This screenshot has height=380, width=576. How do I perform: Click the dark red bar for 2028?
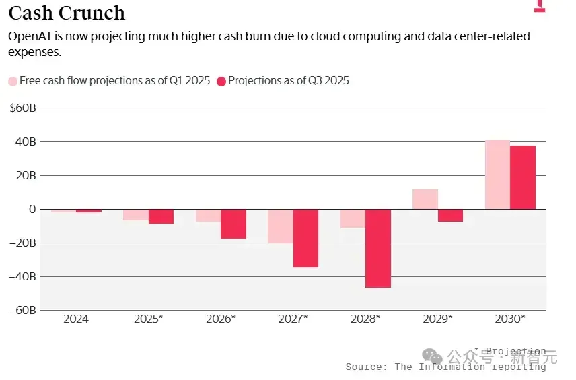pos(378,249)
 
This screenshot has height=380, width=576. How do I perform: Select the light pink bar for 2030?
pos(498,175)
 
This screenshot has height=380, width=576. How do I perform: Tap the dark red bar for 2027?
pos(305,238)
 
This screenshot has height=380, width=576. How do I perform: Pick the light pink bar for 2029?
pos(425,199)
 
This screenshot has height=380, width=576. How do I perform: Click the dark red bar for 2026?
pos(233,224)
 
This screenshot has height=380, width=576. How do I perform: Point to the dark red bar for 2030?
pos(523,177)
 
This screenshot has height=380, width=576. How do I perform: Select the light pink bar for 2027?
pos(281,226)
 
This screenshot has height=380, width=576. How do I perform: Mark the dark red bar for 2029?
pos(450,215)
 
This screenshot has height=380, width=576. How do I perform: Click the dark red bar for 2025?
pos(161,216)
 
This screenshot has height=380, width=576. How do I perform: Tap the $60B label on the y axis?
pos(23,108)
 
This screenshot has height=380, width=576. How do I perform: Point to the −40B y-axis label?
pos(22,276)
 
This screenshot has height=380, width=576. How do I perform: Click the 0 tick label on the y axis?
pos(32,209)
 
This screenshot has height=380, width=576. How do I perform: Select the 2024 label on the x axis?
pos(76,319)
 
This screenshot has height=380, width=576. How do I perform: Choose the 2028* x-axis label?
pos(365,319)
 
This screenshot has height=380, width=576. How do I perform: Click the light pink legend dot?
pos(13,82)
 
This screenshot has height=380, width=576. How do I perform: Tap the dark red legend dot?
pos(221,82)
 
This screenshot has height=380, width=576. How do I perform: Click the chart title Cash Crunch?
pos(67,13)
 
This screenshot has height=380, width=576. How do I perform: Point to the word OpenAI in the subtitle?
pos(30,36)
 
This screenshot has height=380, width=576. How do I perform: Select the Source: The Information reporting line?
pos(445,367)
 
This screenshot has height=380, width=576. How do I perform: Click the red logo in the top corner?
pos(540,6)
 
